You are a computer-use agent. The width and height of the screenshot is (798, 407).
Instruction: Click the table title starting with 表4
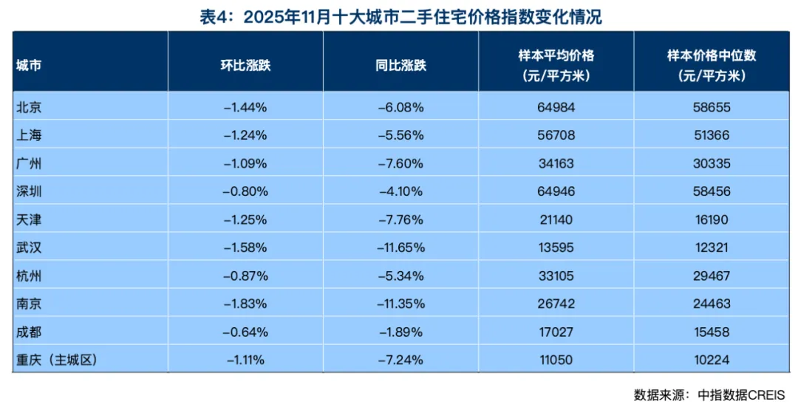pos(400,16)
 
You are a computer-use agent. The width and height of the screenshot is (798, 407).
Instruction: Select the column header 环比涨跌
pos(245,64)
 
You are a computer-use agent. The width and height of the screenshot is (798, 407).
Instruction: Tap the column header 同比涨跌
pos(400,64)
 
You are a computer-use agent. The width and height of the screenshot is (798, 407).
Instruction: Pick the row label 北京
pos(29,107)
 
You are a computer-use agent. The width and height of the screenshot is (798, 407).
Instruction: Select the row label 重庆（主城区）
pos(56,360)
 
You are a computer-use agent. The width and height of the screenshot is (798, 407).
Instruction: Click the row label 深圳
pos(29,191)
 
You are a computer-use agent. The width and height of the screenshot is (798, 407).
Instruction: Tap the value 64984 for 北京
pos(556,107)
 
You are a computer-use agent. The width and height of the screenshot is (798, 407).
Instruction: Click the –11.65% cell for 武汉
pos(400,247)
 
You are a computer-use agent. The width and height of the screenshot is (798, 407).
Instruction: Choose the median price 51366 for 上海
pos(712,135)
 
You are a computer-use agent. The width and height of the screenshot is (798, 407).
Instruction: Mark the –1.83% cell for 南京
pos(245,304)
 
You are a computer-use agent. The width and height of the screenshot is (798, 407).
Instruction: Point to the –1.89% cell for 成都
pos(400,332)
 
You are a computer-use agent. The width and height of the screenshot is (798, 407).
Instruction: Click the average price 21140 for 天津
pos(556,219)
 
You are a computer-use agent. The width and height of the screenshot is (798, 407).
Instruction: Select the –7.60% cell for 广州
pos(400,163)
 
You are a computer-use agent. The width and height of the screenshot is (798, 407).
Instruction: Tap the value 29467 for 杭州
pos(712,276)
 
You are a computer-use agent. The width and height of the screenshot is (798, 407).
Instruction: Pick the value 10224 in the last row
pos(712,360)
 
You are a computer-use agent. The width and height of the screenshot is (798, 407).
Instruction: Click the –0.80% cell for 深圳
pos(245,191)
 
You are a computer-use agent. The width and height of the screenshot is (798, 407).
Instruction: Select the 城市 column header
pos(29,64)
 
